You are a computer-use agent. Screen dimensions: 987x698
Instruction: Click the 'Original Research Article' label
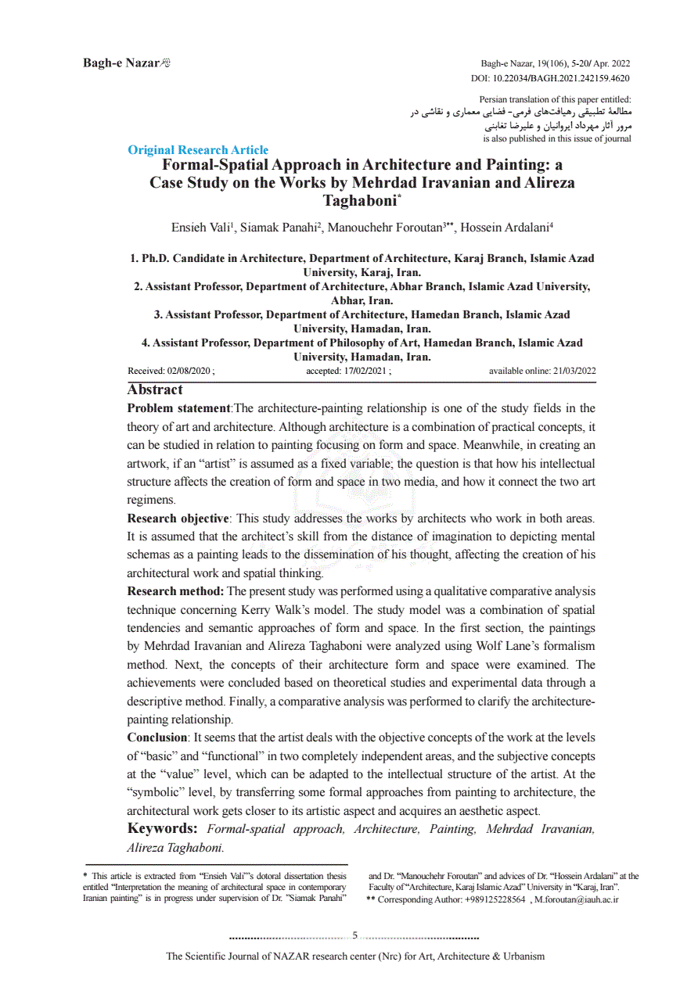coord(198,150)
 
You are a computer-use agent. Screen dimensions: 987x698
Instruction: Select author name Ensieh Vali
coord(201,228)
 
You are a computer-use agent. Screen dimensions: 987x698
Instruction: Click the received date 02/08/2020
coord(189,371)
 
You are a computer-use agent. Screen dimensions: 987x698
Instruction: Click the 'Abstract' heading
coord(155,390)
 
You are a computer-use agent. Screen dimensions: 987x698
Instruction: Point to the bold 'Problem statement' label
coord(178,408)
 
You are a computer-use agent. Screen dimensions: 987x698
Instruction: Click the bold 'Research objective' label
coord(178,519)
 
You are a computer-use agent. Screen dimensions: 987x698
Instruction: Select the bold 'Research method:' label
coord(175,591)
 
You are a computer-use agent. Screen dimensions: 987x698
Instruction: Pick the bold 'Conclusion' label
coord(157,738)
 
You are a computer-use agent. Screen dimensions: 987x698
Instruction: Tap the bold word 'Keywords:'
coord(162,829)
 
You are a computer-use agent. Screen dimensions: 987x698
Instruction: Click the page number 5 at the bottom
coord(354,935)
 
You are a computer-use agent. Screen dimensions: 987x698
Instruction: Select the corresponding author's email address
coord(577,899)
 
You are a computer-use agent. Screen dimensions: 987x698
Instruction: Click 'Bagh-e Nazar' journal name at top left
coord(121,63)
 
